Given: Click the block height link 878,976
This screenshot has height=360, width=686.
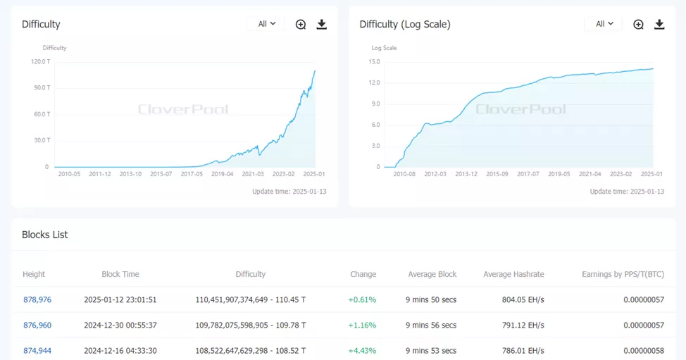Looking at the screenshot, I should (x=37, y=299).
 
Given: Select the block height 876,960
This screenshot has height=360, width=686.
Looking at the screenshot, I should (x=37, y=325).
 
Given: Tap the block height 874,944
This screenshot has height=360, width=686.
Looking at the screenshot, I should (x=37, y=350).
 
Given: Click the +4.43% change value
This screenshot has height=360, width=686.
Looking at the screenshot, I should (x=362, y=350).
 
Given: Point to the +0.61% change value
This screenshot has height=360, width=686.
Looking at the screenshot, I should (x=362, y=299).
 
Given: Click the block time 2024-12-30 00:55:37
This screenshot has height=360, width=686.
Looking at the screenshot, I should (x=120, y=325).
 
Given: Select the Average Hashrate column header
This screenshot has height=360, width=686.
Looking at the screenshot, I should (x=513, y=274).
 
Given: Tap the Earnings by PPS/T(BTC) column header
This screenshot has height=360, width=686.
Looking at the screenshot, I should (x=623, y=274).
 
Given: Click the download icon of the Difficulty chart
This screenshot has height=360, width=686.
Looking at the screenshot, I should (x=322, y=25).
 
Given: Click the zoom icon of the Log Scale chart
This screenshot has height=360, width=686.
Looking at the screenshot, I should (x=638, y=25).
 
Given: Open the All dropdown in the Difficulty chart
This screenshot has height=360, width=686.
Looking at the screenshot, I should (x=266, y=24).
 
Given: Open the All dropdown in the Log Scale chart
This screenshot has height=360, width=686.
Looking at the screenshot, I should (x=604, y=24).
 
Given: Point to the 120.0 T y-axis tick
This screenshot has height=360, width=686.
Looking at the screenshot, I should (x=39, y=61).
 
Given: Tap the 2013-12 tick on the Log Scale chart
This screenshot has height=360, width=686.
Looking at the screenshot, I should (x=466, y=174).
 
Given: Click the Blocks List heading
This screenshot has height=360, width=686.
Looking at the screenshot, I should (x=45, y=235).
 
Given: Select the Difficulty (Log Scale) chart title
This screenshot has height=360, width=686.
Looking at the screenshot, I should (x=405, y=25).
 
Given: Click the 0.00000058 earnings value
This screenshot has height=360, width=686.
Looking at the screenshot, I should (x=644, y=350).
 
